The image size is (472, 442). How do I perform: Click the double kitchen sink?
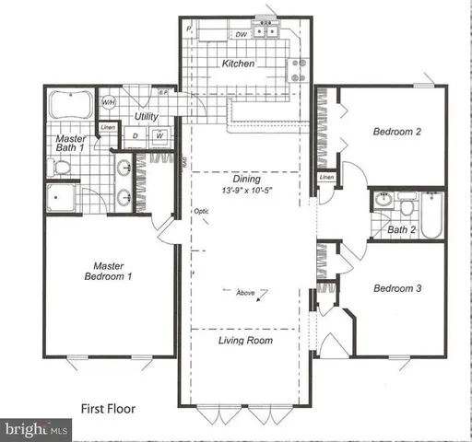point(268,33)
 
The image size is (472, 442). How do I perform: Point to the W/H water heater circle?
point(109,102)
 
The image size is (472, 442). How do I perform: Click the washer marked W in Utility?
point(159,136)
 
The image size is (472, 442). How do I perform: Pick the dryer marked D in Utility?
point(137,136)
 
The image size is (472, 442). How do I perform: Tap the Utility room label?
point(147,117)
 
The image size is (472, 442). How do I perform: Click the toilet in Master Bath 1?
point(61,167)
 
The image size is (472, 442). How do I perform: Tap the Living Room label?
point(245,341)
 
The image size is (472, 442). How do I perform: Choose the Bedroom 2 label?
point(397,132)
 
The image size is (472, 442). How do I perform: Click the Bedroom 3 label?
point(397,288)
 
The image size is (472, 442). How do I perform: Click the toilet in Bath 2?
point(385,198)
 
